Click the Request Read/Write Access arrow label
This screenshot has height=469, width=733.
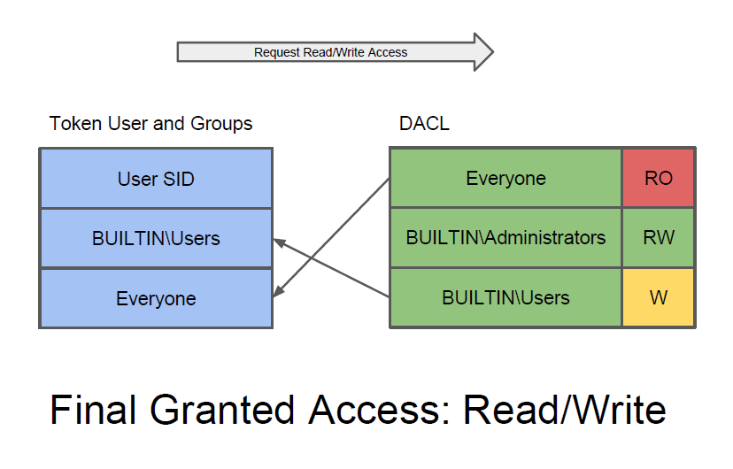pyautogui.click(x=330, y=52)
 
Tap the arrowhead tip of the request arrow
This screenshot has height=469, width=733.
pyautogui.click(x=493, y=52)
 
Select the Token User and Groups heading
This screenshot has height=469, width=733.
pyautogui.click(x=150, y=124)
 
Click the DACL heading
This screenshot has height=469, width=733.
pyautogui.click(x=424, y=123)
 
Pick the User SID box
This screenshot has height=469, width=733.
pyautogui.click(x=156, y=179)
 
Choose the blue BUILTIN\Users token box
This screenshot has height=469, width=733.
pyautogui.click(x=156, y=238)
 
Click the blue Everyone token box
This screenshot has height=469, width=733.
pyautogui.click(x=156, y=298)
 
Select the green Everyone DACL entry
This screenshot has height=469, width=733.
pyautogui.click(x=505, y=178)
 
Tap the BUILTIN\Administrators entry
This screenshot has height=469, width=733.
pyautogui.click(x=505, y=237)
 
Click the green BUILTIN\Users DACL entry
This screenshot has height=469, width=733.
pyautogui.click(x=505, y=297)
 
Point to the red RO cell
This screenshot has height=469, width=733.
pyautogui.click(x=659, y=178)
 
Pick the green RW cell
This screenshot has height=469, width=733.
pyautogui.click(x=659, y=237)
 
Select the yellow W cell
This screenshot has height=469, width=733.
pyautogui.click(x=659, y=297)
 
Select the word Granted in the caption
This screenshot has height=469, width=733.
pyautogui.click(x=221, y=410)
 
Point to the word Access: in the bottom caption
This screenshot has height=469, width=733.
pyautogui.click(x=379, y=410)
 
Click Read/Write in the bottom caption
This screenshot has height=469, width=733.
pyautogui.click(x=565, y=410)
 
